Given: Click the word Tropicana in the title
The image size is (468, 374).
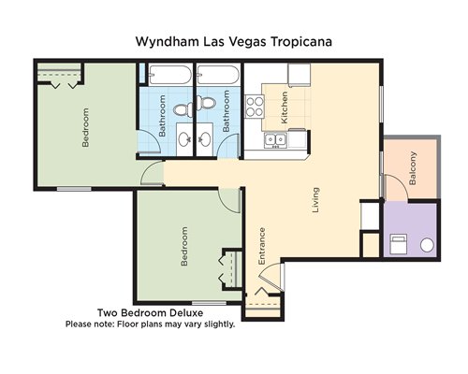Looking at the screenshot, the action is pos(300,41).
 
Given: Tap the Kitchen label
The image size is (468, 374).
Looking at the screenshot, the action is pos(285,108).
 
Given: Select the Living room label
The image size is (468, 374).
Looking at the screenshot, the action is pos(315,200).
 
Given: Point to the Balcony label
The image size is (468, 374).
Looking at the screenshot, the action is pos(413,168).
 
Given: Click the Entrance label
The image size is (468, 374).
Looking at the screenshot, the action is pos(261,246).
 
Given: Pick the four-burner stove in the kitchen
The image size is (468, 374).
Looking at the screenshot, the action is pos(255,107).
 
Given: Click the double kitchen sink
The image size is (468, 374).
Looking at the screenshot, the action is pos(276,140).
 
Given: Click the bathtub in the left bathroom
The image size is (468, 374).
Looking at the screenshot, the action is pos(169,75).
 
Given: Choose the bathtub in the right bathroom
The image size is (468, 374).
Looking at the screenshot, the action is pos(218,75).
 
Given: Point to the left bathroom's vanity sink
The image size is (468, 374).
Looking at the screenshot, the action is pos(184,139).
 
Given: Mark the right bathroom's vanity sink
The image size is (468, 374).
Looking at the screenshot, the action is pos(205,139).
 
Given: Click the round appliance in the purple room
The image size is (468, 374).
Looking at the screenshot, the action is pos(427,245).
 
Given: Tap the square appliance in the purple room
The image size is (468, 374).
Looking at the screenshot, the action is pos(398,243).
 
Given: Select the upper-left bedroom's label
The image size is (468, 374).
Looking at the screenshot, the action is pos(85,127).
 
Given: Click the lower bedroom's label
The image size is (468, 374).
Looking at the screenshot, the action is pos(184,246).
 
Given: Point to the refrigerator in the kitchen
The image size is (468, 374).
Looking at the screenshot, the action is pos(300,75).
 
